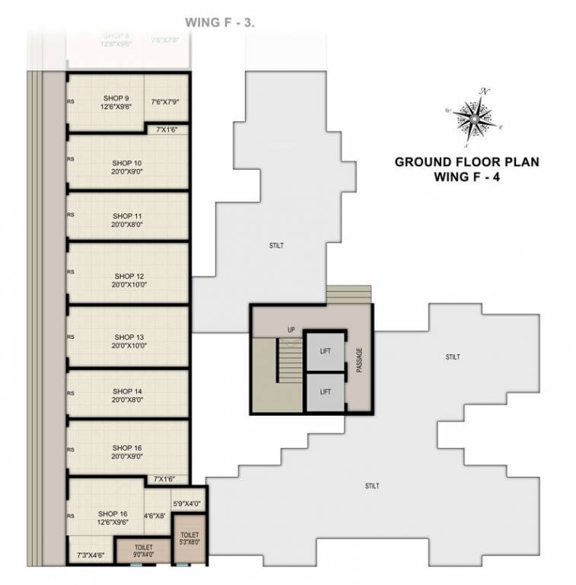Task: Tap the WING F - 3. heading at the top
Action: [221, 23]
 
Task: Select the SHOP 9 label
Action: [116, 97]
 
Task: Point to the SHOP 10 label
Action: [127, 163]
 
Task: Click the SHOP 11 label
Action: [127, 216]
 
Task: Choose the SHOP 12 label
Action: [129, 276]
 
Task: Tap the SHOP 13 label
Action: [129, 337]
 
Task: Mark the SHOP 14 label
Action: [127, 391]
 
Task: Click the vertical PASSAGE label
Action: [359, 360]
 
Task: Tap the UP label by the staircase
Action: [291, 330]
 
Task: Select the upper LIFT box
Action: [325, 352]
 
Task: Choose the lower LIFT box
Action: [325, 392]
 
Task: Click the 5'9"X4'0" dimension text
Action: [187, 503]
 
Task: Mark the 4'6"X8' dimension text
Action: [156, 516]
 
